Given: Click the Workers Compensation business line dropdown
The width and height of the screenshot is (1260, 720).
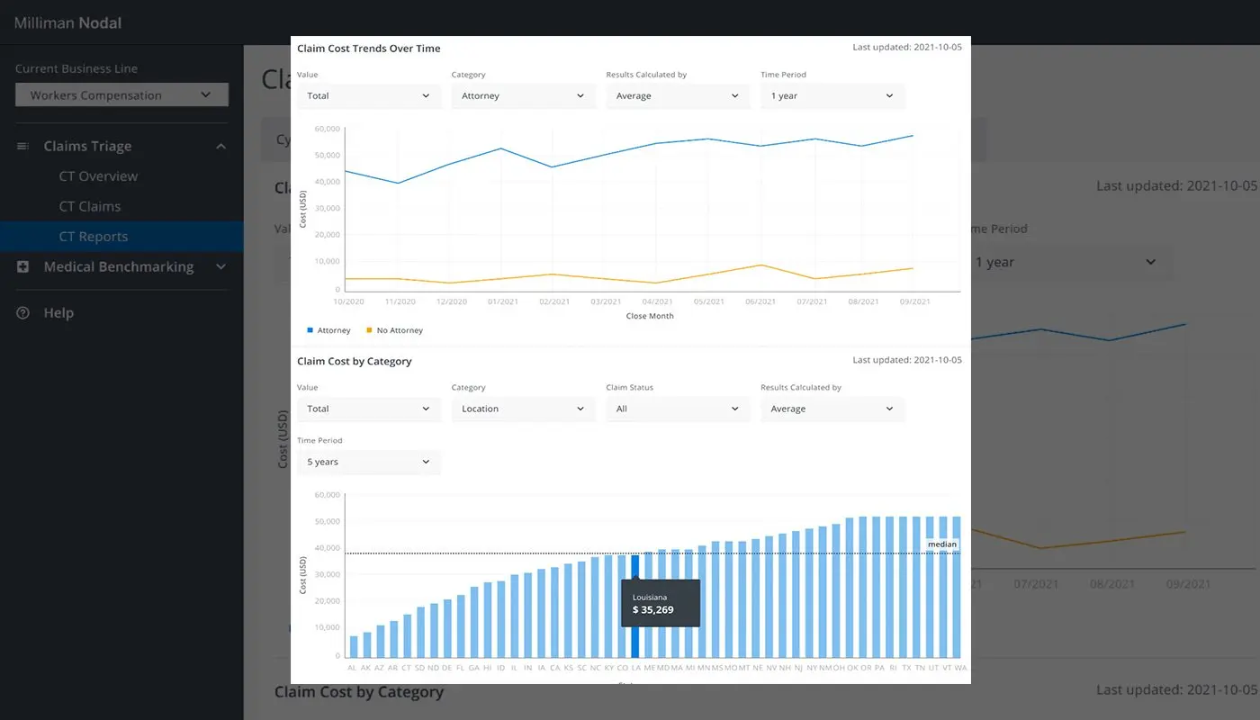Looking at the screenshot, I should click(x=121, y=95).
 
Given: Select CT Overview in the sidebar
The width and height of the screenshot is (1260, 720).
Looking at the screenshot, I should click(x=98, y=176).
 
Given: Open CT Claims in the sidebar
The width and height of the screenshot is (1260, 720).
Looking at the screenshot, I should click(x=89, y=206).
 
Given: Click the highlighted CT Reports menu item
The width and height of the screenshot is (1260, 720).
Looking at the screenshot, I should click(x=94, y=237).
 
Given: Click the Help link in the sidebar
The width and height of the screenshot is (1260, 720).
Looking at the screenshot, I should click(x=58, y=313).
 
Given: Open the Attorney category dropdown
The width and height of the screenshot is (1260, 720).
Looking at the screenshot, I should click(x=523, y=96).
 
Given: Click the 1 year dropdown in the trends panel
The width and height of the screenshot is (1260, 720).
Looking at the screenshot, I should click(x=832, y=96).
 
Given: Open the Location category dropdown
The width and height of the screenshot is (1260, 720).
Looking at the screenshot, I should click(x=523, y=409).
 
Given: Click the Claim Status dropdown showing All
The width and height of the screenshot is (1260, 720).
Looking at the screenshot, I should click(x=677, y=409).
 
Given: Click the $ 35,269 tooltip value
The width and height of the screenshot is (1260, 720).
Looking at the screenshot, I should click(x=653, y=610).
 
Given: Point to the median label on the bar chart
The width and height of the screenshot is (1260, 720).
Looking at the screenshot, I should click(x=942, y=544).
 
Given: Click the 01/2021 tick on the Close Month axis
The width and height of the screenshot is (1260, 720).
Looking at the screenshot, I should click(x=503, y=301).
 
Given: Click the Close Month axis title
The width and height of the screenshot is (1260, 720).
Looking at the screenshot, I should click(x=649, y=316).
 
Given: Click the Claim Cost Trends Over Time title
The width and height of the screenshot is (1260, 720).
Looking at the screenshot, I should click(x=369, y=49).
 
